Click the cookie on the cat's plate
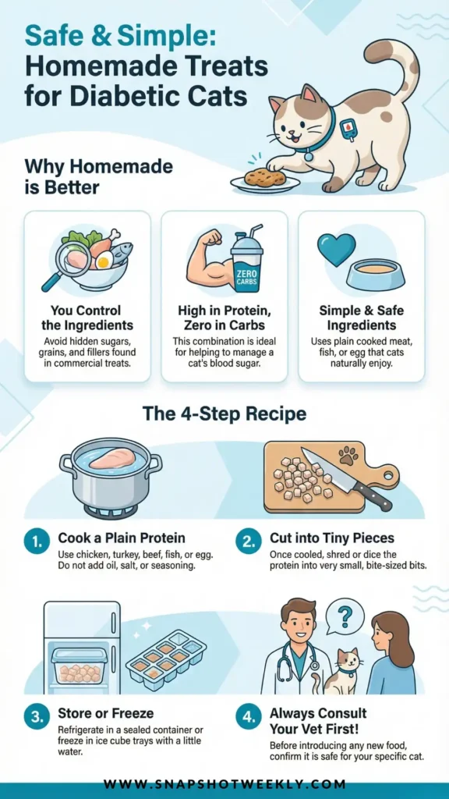[263, 178]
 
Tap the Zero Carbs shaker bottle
[246, 260]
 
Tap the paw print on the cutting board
[348, 455]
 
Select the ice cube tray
[166, 657]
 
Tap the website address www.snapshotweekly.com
[224, 783]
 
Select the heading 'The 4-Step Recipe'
[224, 414]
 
